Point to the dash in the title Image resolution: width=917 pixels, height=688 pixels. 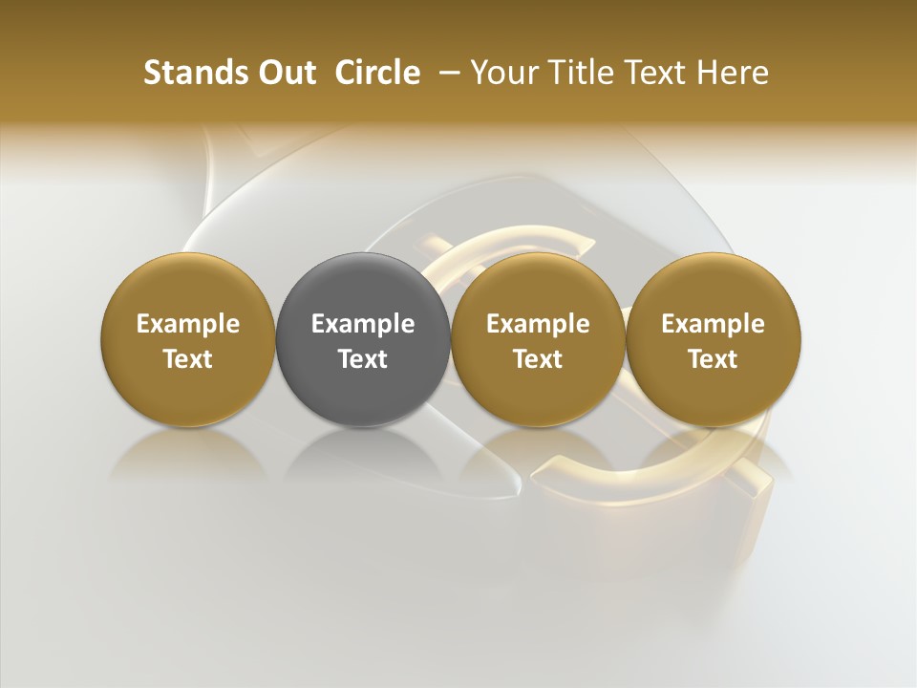446,73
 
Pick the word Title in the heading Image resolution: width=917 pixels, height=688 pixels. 578,73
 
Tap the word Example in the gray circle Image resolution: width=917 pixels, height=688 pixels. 363,324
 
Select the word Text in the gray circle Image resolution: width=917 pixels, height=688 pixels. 363,359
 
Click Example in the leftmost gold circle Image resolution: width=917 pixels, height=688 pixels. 188,324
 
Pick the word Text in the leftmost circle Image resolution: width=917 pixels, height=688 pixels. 188,359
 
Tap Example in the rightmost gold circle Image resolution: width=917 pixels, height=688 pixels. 713,324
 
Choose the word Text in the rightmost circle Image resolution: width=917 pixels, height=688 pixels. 713,359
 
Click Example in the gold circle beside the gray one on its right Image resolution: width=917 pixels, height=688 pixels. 538,324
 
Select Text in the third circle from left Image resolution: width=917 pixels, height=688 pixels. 538,359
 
